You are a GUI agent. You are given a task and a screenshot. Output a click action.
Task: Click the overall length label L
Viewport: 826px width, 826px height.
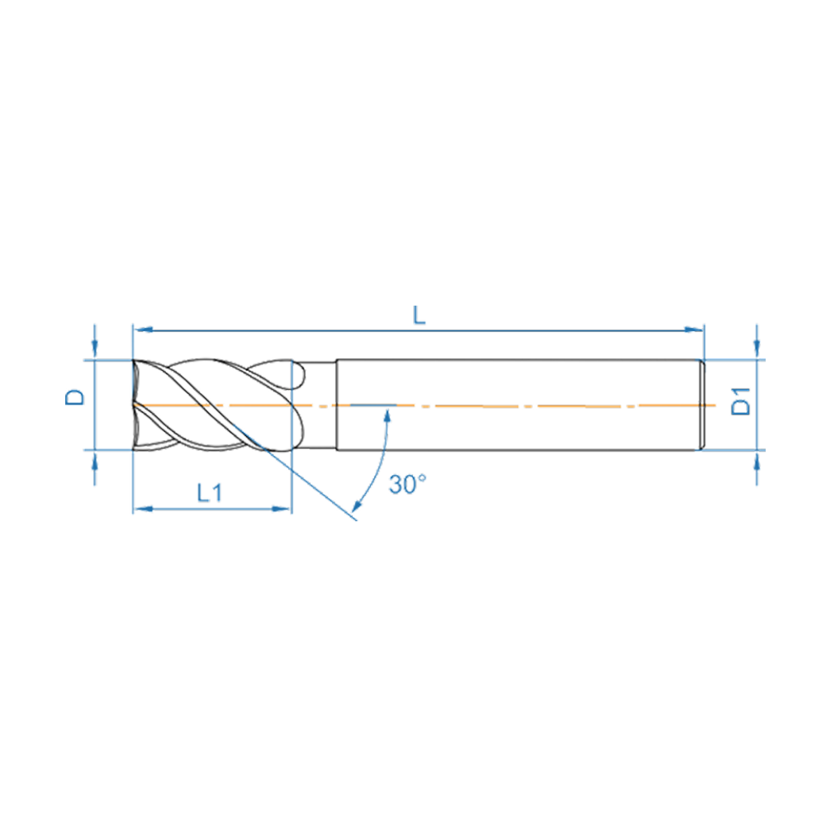419,315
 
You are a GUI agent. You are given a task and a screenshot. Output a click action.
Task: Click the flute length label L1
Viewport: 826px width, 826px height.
209,493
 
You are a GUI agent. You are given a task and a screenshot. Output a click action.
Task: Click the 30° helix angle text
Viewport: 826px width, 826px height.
407,484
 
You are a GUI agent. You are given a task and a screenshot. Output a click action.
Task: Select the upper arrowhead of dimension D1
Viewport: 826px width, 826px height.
756,350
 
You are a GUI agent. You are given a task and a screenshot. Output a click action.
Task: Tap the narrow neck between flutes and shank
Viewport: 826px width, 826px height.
322,405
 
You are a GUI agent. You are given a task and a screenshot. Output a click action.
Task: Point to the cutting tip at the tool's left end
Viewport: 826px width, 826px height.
135,404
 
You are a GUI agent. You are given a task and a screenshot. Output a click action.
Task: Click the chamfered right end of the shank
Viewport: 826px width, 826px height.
702,405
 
